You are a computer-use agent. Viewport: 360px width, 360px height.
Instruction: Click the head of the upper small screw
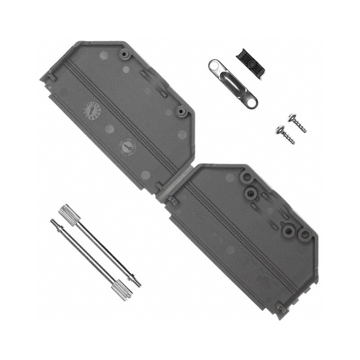coord(291,118)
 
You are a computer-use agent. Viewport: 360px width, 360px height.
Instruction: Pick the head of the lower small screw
coord(279,131)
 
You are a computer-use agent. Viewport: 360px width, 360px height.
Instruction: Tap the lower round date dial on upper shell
coord(127,146)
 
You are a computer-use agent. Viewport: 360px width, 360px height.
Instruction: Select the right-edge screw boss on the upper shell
coord(181,111)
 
